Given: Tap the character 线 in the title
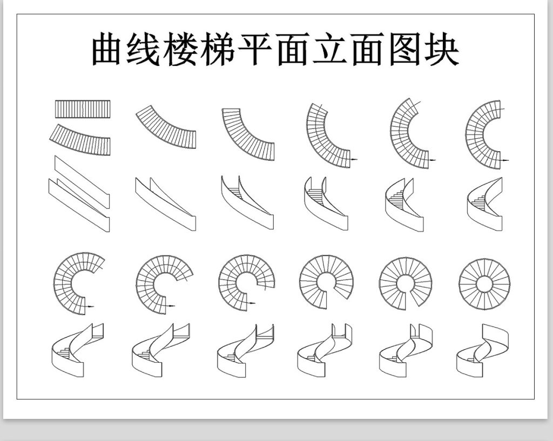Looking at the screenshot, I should click(146, 50).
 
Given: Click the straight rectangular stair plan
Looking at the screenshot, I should click(83, 109).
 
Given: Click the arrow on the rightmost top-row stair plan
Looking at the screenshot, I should click(505, 160).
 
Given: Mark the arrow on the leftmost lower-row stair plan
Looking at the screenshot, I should click(90, 306).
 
